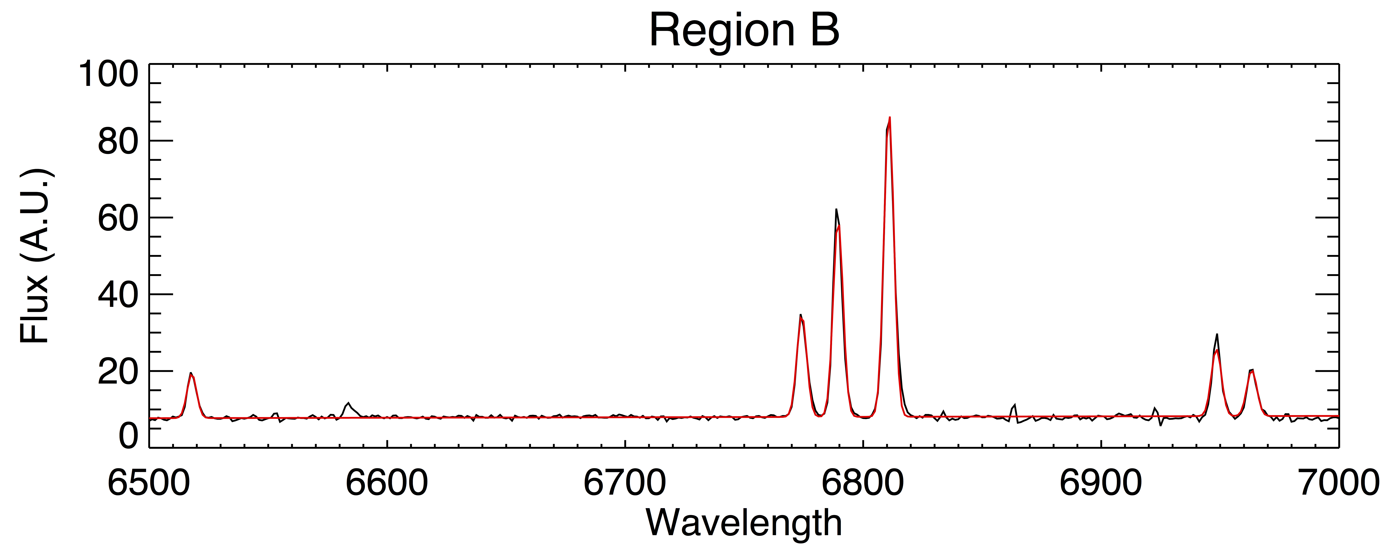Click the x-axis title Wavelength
744,524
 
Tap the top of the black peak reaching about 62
836,209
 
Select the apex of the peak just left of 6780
801,315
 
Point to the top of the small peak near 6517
190,373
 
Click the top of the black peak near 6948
1218,334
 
